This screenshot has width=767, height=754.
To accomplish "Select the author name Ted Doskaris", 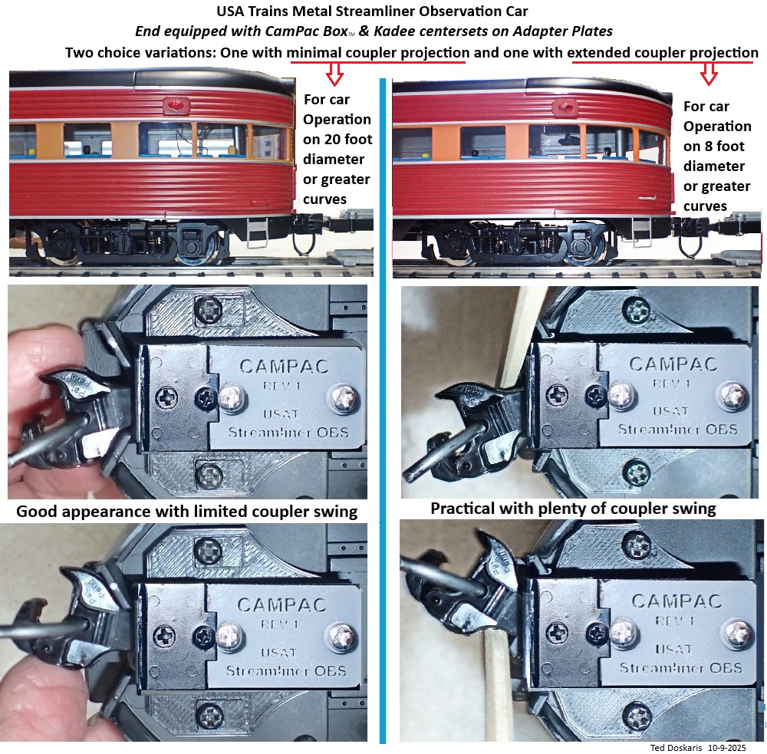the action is (676, 748).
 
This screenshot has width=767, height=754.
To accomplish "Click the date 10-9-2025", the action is (727, 748).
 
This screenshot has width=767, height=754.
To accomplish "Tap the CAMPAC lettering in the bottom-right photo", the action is (676, 601).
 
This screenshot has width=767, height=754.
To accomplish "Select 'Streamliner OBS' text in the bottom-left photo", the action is (286, 670).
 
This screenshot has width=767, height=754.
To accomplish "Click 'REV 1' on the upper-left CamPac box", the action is (281, 386).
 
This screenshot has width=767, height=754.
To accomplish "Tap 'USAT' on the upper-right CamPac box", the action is (670, 411).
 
